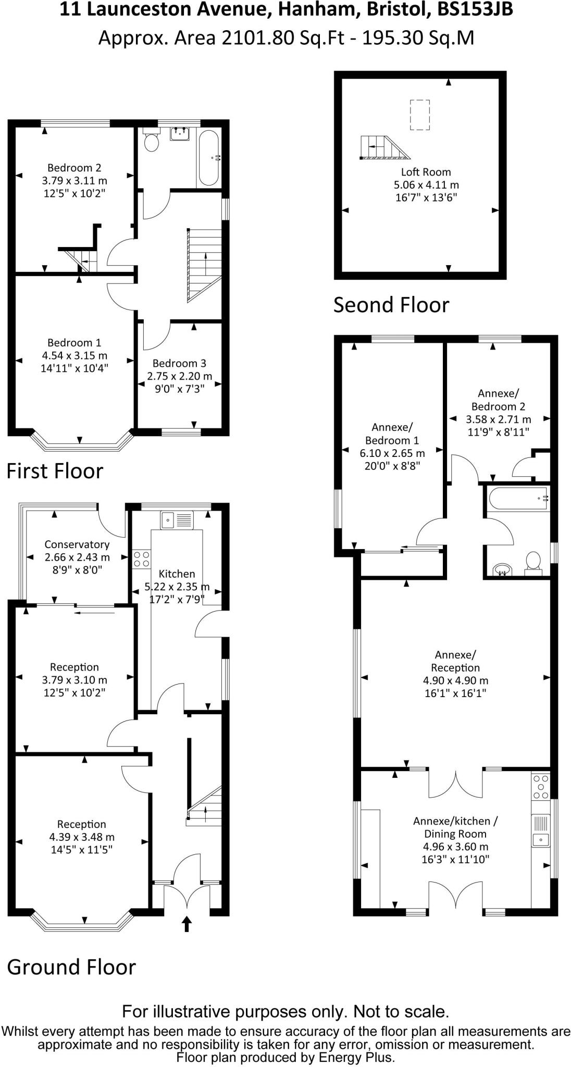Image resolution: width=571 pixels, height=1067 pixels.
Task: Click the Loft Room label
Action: pos(426,172)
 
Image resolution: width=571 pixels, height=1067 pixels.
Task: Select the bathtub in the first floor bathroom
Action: pos(209,158)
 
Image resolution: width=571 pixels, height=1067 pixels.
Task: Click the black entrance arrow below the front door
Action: pos(187,924)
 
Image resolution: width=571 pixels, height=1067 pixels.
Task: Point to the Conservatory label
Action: pos(77,544)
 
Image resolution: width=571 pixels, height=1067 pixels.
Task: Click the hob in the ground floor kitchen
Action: pos(141,559)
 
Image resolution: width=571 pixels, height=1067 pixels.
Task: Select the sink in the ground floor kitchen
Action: pos(168,519)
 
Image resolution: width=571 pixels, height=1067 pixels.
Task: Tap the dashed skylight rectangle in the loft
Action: pos(420,115)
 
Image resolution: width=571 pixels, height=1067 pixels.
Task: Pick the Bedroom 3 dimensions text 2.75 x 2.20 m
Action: pos(179,376)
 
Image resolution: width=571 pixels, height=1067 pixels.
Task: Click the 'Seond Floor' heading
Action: pos(391,305)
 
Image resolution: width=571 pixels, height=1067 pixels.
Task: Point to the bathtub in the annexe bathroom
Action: pos(518,499)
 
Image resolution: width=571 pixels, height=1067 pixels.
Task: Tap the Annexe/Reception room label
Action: pos(455,661)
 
